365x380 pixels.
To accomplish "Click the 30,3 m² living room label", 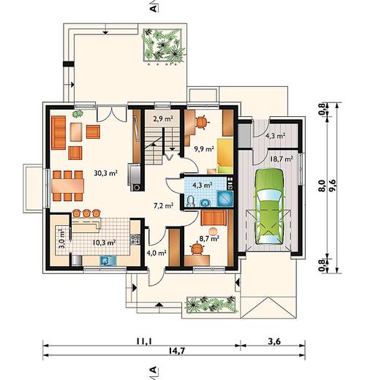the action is [x=106, y=173].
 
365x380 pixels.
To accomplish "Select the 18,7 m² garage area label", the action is [x=282, y=159].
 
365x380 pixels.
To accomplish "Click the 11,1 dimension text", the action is [x=143, y=341].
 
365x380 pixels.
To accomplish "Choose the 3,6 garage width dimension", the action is [x=274, y=341].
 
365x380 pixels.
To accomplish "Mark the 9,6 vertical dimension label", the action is [x=332, y=186].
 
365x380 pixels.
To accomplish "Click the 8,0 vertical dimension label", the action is [x=323, y=186].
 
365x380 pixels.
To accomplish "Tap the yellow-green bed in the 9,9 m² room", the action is [x=225, y=156].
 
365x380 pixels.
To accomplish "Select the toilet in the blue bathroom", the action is [x=190, y=201].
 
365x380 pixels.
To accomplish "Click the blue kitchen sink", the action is [x=105, y=261].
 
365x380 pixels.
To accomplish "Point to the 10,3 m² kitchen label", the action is [x=104, y=243].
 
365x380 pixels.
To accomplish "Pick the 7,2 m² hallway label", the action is [x=163, y=206].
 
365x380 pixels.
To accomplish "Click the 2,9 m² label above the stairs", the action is [x=163, y=119].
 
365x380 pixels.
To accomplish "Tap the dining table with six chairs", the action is [x=67, y=186].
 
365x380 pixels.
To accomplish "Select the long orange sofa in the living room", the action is [x=59, y=133].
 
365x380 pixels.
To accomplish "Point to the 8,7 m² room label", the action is [x=209, y=239].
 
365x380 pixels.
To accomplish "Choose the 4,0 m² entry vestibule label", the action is [x=157, y=253].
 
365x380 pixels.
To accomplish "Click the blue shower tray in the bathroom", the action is [x=225, y=198].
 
